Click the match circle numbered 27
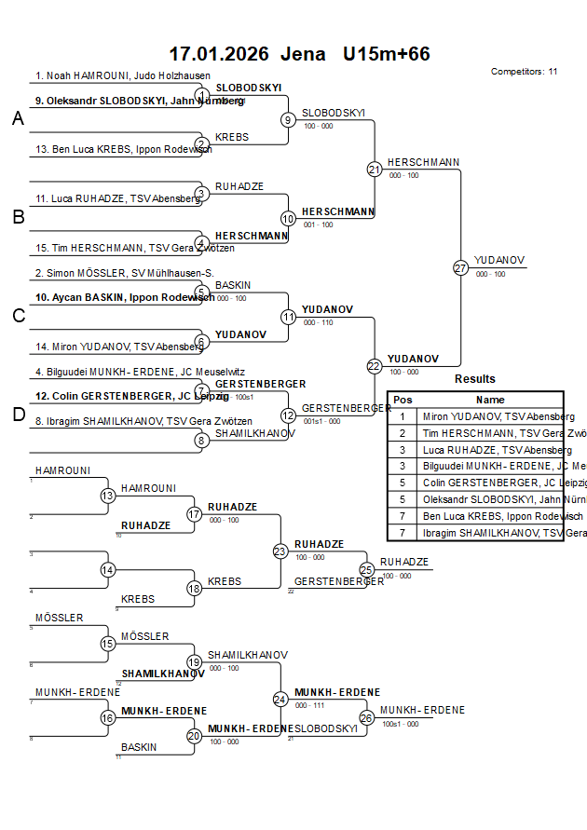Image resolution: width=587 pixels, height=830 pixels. tap(460, 267)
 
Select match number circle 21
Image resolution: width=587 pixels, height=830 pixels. tap(375, 170)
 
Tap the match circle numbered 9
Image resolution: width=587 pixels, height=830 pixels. tap(288, 119)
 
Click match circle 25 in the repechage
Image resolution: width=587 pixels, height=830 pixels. tap(366, 569)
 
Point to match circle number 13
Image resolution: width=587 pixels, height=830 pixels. tap(108, 497)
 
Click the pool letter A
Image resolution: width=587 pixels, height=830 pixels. tap(18, 118)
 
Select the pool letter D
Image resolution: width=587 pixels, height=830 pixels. tap(18, 415)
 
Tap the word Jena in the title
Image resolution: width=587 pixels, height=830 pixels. tap(304, 54)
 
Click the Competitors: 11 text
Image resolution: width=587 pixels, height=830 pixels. tap(524, 71)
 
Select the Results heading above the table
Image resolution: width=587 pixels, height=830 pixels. tap(475, 379)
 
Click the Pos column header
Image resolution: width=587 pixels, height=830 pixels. tap(403, 400)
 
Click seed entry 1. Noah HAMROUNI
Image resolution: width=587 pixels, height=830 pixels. tap(122, 75)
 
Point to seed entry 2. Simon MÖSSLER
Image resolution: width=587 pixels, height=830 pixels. tap(124, 273)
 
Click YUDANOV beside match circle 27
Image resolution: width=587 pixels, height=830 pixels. tap(499, 260)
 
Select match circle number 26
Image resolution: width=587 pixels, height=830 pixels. tap(366, 717)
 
